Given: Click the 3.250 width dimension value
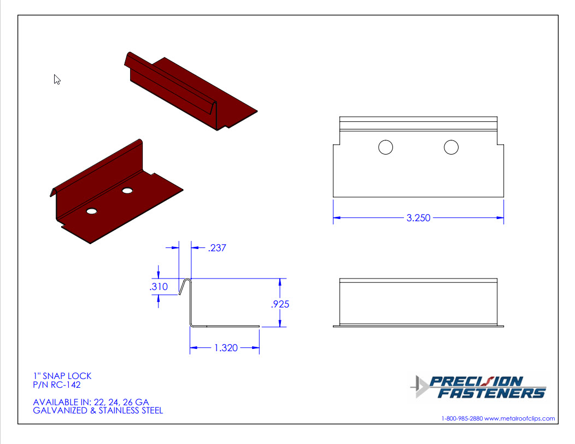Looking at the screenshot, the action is click(x=418, y=218).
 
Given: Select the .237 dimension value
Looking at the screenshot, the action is click(x=217, y=248).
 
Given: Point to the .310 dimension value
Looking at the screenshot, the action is click(x=159, y=287).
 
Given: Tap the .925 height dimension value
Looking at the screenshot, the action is click(x=280, y=304).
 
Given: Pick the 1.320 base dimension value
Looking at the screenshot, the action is click(x=226, y=348).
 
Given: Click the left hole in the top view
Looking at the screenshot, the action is click(x=385, y=147).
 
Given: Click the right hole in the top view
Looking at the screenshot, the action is click(x=451, y=147).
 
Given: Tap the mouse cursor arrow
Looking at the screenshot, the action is click(x=56, y=79).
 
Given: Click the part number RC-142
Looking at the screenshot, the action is click(x=66, y=384).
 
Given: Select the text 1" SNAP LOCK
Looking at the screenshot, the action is click(x=62, y=376).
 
